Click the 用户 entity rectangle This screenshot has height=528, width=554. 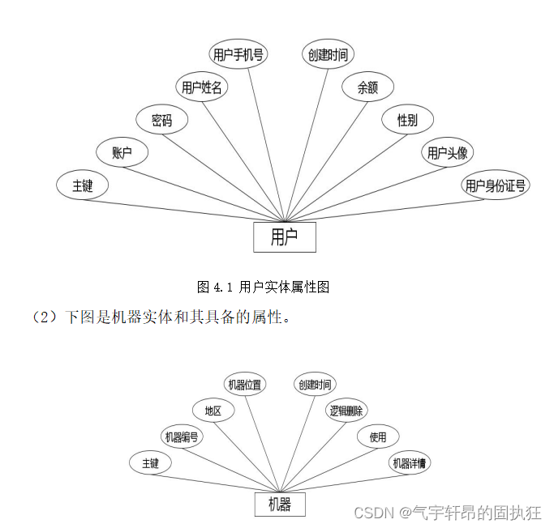point(284,236)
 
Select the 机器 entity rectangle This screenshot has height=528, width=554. point(280,504)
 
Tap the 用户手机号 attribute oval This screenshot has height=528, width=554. point(238,54)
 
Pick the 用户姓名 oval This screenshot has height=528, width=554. point(202,87)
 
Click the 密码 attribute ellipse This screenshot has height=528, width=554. point(162,121)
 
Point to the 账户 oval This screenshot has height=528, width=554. point(122,152)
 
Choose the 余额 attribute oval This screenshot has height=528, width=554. point(367,87)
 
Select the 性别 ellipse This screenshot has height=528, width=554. point(407,120)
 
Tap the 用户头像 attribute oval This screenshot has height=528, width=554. point(447,152)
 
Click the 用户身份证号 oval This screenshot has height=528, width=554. point(496,185)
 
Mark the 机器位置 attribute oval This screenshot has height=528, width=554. point(245,385)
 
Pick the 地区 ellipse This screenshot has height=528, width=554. point(213,411)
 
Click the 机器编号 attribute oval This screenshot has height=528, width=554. point(182,437)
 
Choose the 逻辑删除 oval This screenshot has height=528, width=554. point(346,411)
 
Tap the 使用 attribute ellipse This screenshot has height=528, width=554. point(378,437)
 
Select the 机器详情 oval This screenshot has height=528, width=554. point(410,463)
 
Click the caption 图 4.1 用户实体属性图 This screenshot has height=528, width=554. point(263,287)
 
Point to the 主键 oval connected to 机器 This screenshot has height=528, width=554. point(150,463)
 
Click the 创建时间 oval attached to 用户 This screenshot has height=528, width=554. point(328,54)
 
